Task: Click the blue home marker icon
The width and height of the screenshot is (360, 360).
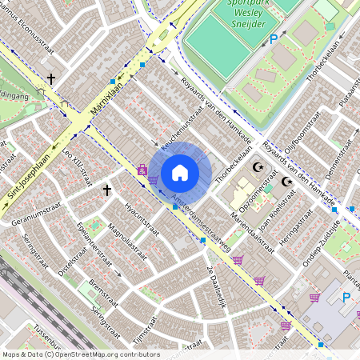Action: click(x=180, y=172)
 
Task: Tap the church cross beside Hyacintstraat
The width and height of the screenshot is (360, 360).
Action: click(x=106, y=190)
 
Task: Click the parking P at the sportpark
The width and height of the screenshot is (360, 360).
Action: click(x=274, y=38)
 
